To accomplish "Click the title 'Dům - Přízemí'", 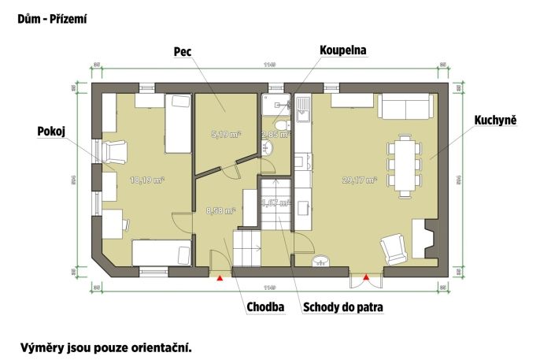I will [52, 17].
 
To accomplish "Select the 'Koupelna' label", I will [343, 50].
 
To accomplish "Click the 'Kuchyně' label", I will [494, 121].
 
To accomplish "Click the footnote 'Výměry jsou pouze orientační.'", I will [106, 346].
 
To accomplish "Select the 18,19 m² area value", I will [146, 180].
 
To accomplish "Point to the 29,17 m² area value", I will [360, 180].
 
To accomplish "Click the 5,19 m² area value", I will [225, 135].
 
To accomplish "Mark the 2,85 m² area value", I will [276, 135].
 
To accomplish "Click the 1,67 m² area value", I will [276, 202].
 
